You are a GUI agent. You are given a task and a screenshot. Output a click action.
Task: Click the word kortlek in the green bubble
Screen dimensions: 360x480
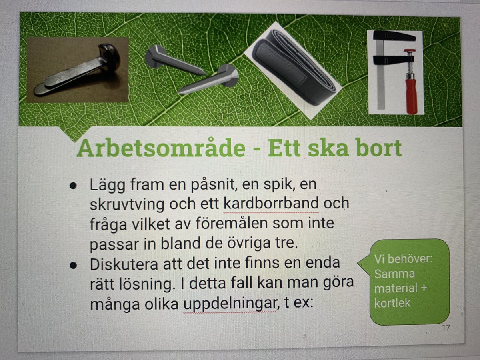(x=393, y=303)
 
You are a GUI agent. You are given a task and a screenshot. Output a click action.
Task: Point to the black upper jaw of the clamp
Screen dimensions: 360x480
(x=394, y=37)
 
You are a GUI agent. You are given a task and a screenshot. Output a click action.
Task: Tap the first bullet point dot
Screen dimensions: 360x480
(x=73, y=186)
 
